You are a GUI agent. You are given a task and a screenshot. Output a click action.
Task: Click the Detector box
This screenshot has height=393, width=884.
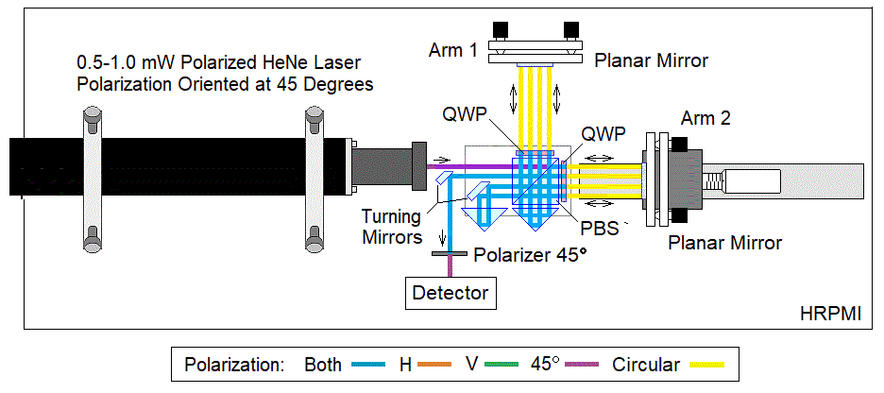pos(450,293)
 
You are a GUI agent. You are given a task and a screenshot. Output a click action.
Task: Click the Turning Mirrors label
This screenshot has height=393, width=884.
pos(391,227)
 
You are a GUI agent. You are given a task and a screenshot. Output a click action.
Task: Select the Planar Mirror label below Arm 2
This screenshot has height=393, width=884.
pos(724,242)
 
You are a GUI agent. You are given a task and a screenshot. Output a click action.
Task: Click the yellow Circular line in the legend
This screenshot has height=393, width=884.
pos(710,365)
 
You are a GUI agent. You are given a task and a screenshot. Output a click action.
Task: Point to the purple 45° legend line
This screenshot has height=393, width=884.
pos(582,365)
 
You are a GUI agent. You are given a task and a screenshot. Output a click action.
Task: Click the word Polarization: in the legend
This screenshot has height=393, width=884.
pos(234,365)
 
